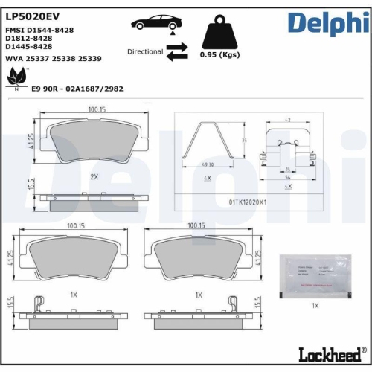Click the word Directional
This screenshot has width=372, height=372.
click(x=144, y=52)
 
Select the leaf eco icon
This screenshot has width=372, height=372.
click(x=14, y=76)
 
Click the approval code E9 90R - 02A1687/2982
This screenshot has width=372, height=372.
click(x=77, y=88)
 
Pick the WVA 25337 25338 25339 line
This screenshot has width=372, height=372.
click(x=54, y=57)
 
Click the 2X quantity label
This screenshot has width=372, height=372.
click(x=94, y=177)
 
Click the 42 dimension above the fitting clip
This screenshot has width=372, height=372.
click(x=286, y=118)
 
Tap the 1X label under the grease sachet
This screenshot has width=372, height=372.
click(x=315, y=305)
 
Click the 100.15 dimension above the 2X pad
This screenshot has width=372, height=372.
click(x=94, y=109)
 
